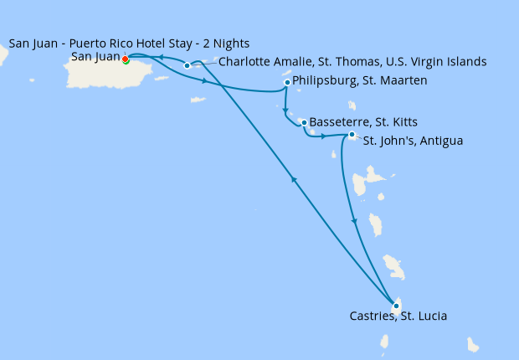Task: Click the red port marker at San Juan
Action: pyautogui.click(x=125, y=59)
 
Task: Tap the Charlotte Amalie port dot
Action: pyautogui.click(x=187, y=65)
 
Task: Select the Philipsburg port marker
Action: pyautogui.click(x=287, y=82)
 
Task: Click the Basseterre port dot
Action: pyautogui.click(x=304, y=122)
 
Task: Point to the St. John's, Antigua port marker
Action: pyautogui.click(x=352, y=135)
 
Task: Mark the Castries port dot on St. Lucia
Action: pyautogui.click(x=396, y=306)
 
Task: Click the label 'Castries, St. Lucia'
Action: pyautogui.click(x=398, y=316)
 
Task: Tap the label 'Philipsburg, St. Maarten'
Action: pyautogui.click(x=361, y=81)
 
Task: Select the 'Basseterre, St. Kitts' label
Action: pyautogui.click(x=363, y=122)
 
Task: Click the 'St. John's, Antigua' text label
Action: pyautogui.click(x=413, y=141)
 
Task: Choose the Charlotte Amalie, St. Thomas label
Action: pyautogui.click(x=352, y=62)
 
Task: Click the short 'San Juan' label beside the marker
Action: pyautogui.click(x=95, y=57)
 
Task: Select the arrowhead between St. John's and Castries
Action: pyautogui.click(x=355, y=222)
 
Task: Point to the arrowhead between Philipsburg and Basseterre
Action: pyautogui.click(x=286, y=111)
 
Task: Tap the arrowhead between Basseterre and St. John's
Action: pyautogui.click(x=325, y=135)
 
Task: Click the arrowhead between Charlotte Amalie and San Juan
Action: pyautogui.click(x=163, y=59)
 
